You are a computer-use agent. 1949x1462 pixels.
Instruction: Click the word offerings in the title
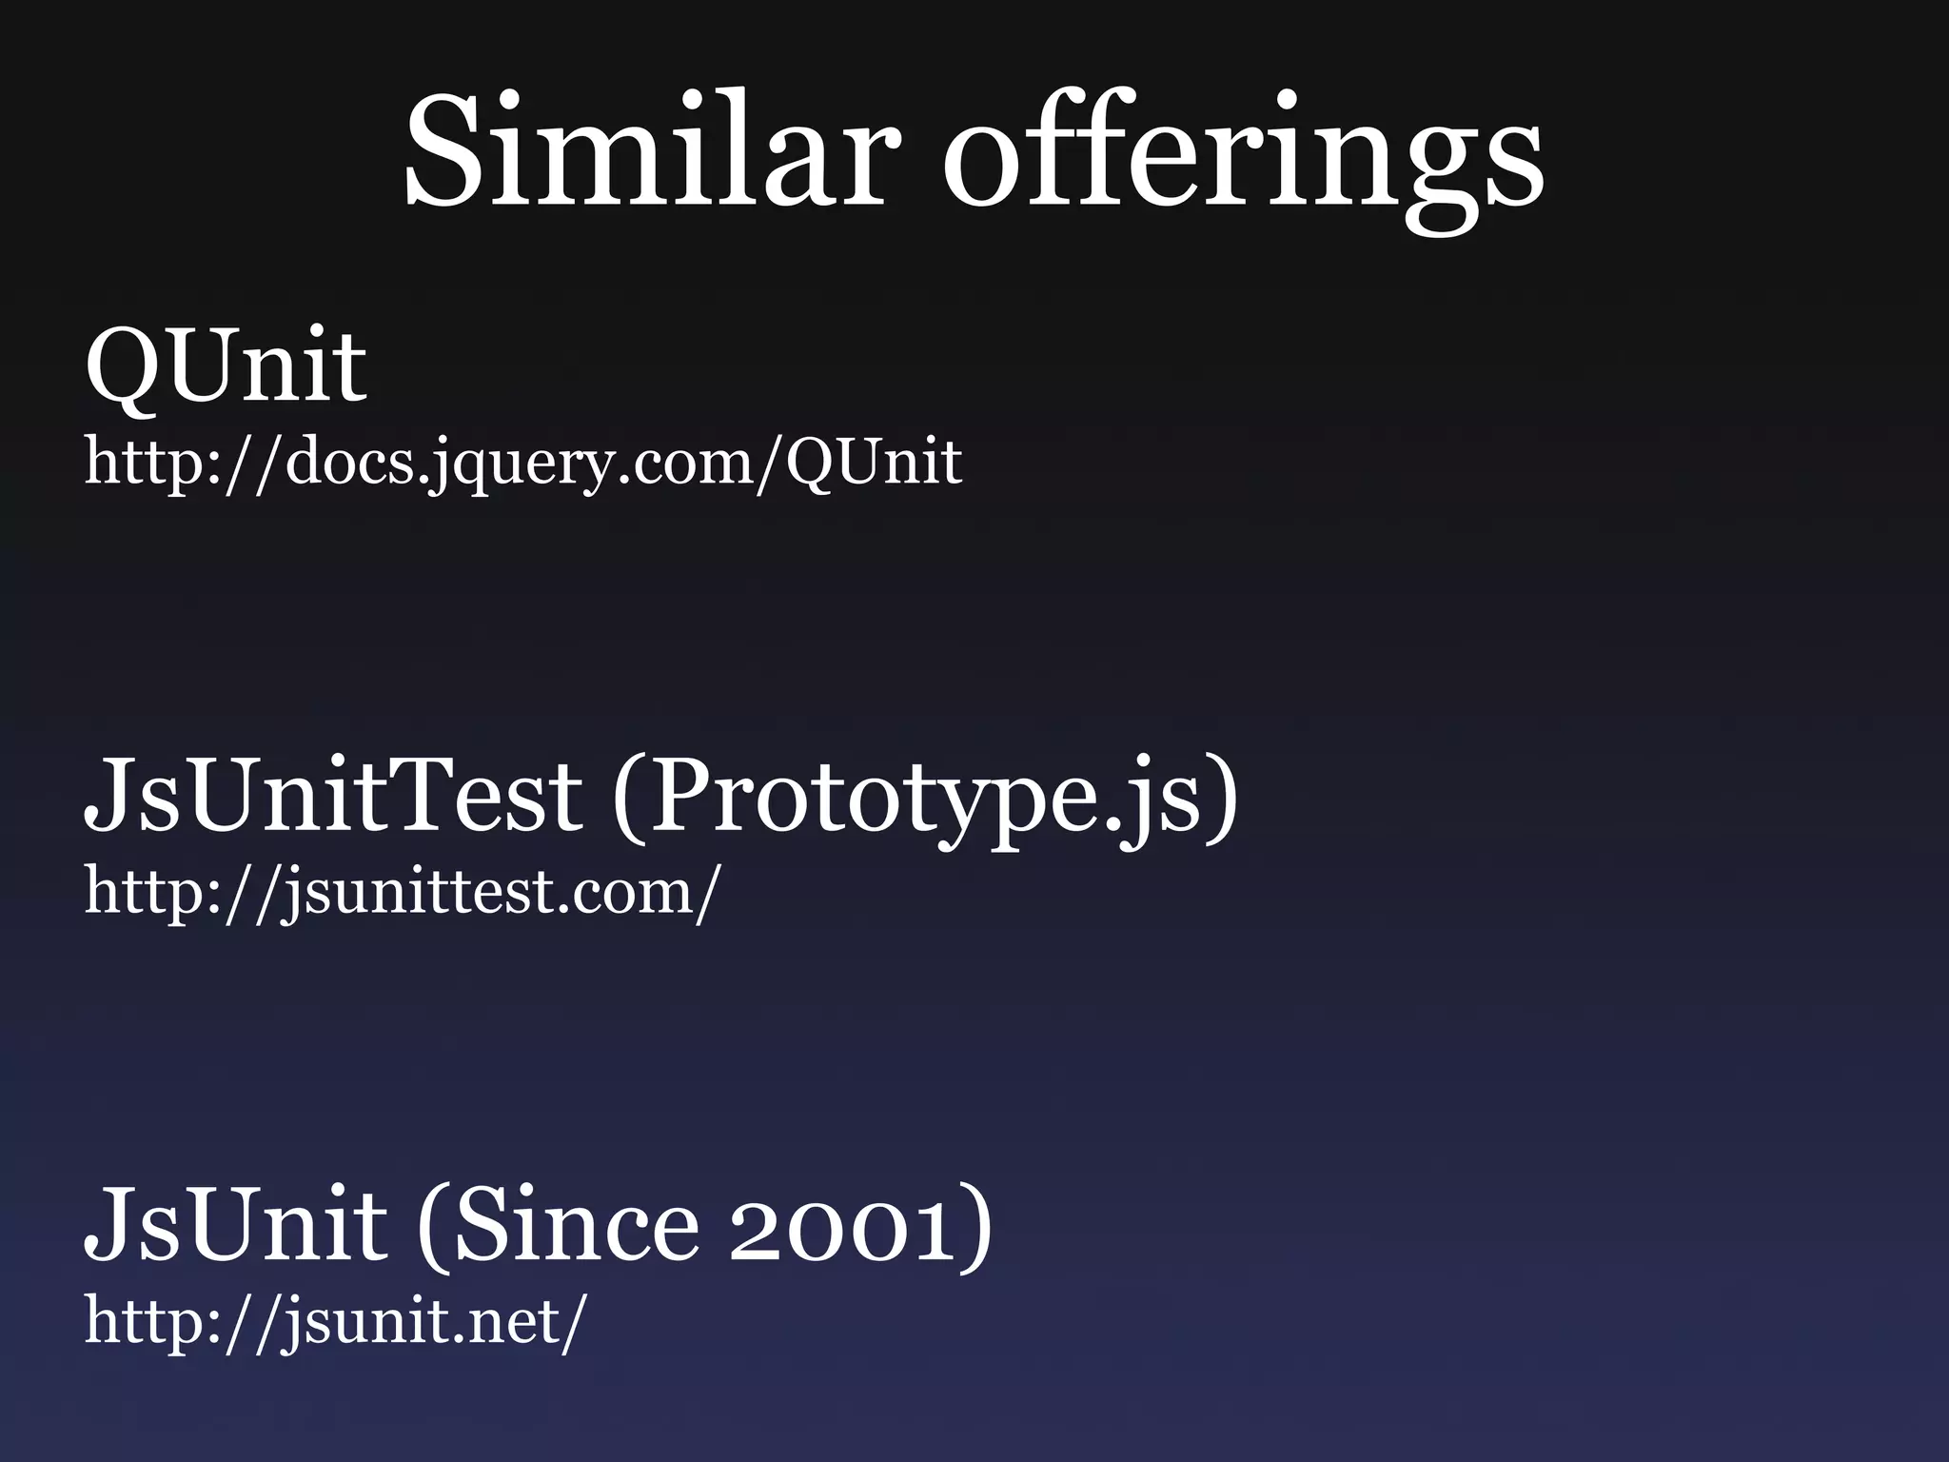(1243, 158)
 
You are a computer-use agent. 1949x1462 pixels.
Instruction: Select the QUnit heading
(226, 365)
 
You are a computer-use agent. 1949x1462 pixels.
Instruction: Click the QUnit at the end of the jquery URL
(874, 463)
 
